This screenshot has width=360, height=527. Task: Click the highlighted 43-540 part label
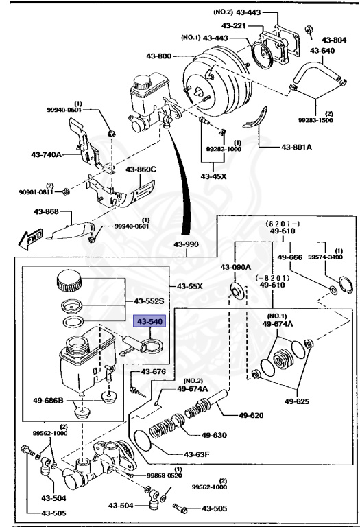[149, 321]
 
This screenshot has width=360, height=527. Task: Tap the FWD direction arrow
[31, 238]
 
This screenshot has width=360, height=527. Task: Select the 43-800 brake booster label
[159, 56]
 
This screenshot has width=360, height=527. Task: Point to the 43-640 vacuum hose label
[322, 51]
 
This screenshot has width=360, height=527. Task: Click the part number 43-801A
[296, 147]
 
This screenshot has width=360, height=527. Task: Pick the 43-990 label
[186, 244]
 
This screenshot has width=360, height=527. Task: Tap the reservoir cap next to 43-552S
[69, 281]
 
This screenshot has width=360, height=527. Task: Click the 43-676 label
[153, 372]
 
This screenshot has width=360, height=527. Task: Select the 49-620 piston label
[251, 415]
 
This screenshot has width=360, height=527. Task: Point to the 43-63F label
[197, 454]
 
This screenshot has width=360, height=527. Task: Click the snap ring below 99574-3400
[346, 285]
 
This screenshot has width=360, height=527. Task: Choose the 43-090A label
[236, 267]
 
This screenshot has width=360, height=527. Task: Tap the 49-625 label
[297, 401]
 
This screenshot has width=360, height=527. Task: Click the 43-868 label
[46, 212]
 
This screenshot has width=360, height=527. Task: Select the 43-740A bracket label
[47, 155]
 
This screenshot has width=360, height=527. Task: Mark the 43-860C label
[141, 169]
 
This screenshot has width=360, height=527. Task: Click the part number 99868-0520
[165, 476]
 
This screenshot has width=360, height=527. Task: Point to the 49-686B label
[48, 401]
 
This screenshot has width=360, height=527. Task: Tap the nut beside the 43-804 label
[309, 30]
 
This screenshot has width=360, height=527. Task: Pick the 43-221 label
[234, 25]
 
